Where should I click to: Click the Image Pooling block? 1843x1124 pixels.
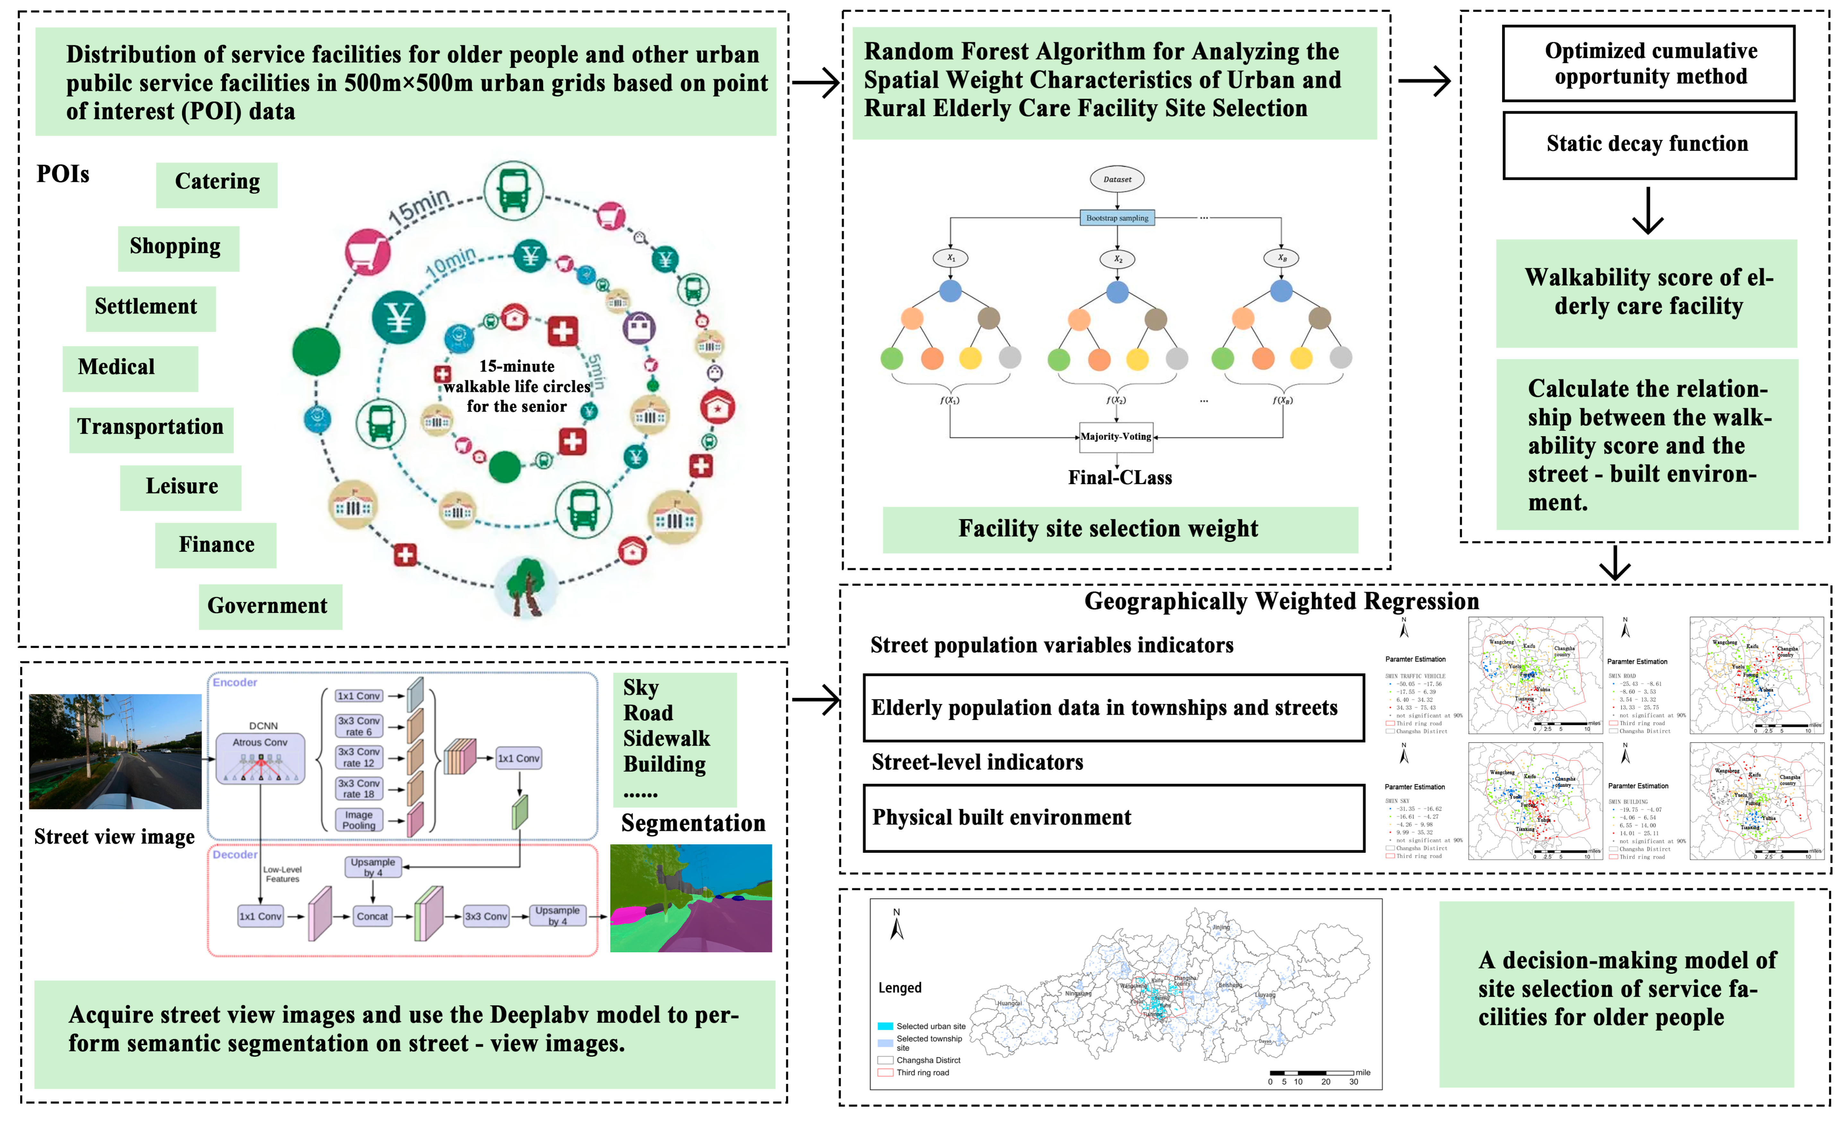click(x=359, y=820)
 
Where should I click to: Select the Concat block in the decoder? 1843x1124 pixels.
click(x=372, y=917)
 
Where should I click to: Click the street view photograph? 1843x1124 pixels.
click(x=115, y=752)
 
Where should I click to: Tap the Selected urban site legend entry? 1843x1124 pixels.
click(x=921, y=1027)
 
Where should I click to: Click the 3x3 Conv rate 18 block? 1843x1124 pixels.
click(x=359, y=789)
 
